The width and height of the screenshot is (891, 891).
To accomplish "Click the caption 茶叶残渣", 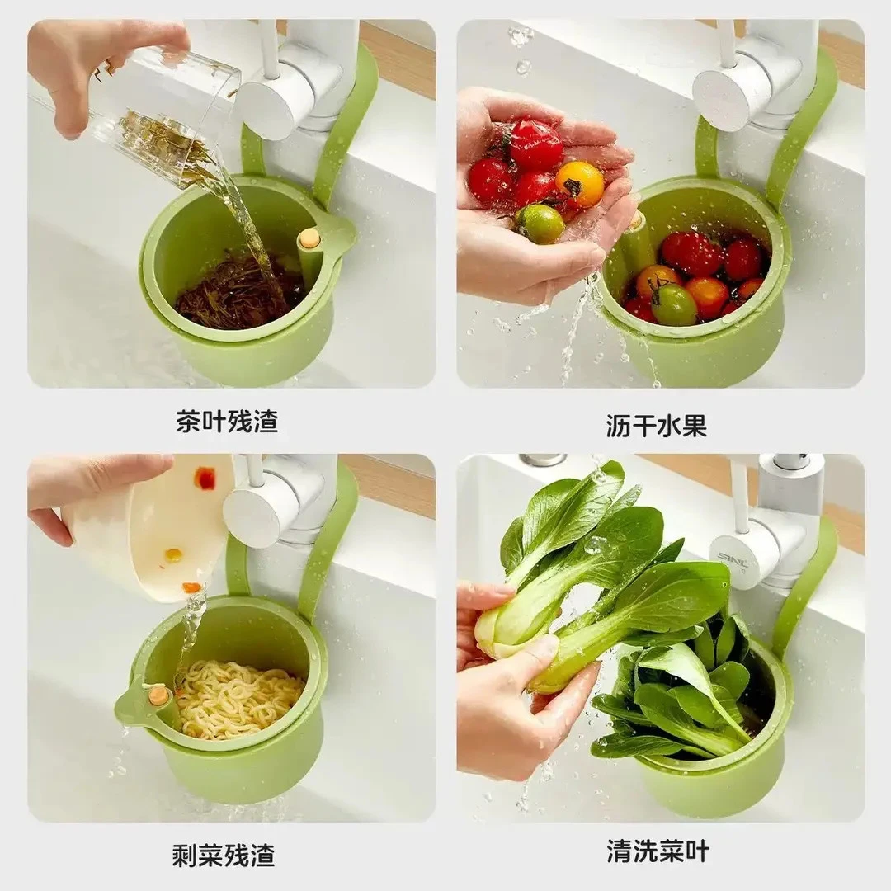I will click(x=227, y=422).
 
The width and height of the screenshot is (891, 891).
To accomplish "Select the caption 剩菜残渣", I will click(x=223, y=854).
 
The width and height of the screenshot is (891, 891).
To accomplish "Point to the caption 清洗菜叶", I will click(x=658, y=851).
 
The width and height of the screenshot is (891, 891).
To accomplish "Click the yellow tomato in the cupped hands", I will click(x=580, y=182).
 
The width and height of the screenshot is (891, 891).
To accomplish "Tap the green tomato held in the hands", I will click(x=540, y=224).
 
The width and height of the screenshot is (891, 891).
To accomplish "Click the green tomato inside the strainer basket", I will click(x=674, y=304).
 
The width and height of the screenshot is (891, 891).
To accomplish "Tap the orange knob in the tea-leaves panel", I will click(x=309, y=238).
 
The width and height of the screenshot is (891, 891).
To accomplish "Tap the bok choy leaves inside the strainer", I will click(x=685, y=701).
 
